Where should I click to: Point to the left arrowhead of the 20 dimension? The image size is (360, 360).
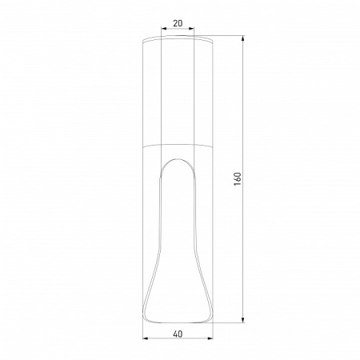coord(163,31)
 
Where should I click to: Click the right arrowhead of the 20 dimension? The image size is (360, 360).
coord(191,31)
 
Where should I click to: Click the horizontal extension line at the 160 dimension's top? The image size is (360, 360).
coord(228,35)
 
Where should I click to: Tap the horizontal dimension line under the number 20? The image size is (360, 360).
coord(177,31)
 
